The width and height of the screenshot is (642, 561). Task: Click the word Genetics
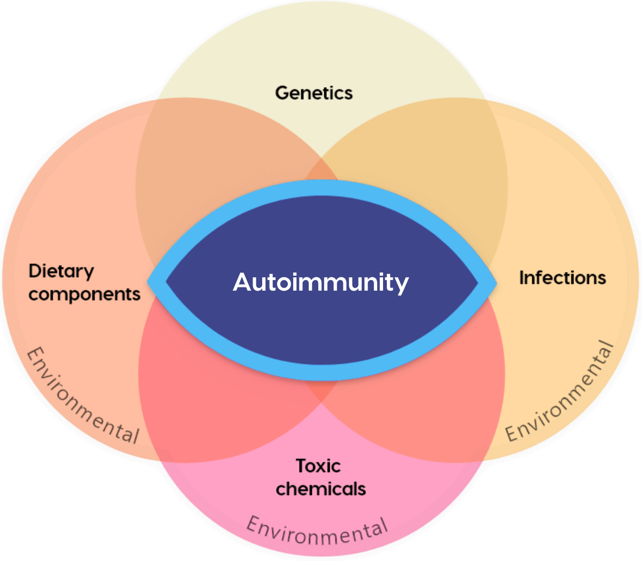314,93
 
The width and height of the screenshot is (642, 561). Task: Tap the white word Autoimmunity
320,282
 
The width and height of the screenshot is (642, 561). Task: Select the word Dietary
61,271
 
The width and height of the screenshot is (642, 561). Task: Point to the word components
84,294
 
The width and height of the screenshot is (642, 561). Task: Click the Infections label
562,278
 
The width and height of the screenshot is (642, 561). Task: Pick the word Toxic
318,466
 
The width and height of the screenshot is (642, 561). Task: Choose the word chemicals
320,489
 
